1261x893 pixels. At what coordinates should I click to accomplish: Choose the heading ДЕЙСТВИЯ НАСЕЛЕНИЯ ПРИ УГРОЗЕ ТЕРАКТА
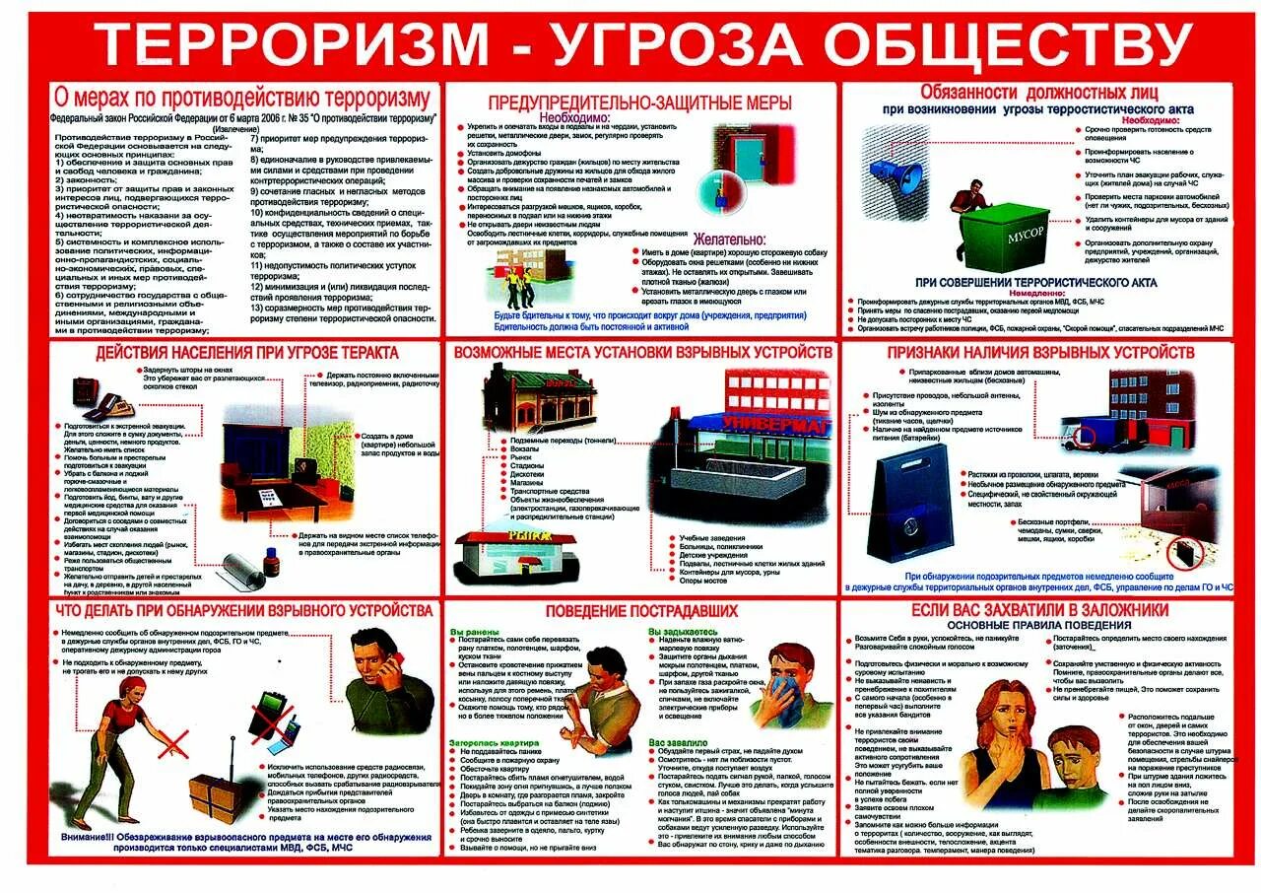(x=247, y=353)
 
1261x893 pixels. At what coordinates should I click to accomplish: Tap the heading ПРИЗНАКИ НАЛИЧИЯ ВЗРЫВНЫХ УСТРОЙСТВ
(x=1040, y=352)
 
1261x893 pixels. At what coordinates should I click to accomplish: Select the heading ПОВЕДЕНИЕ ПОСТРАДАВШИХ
(x=638, y=611)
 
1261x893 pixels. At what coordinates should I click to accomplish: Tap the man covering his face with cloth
(x=793, y=680)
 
